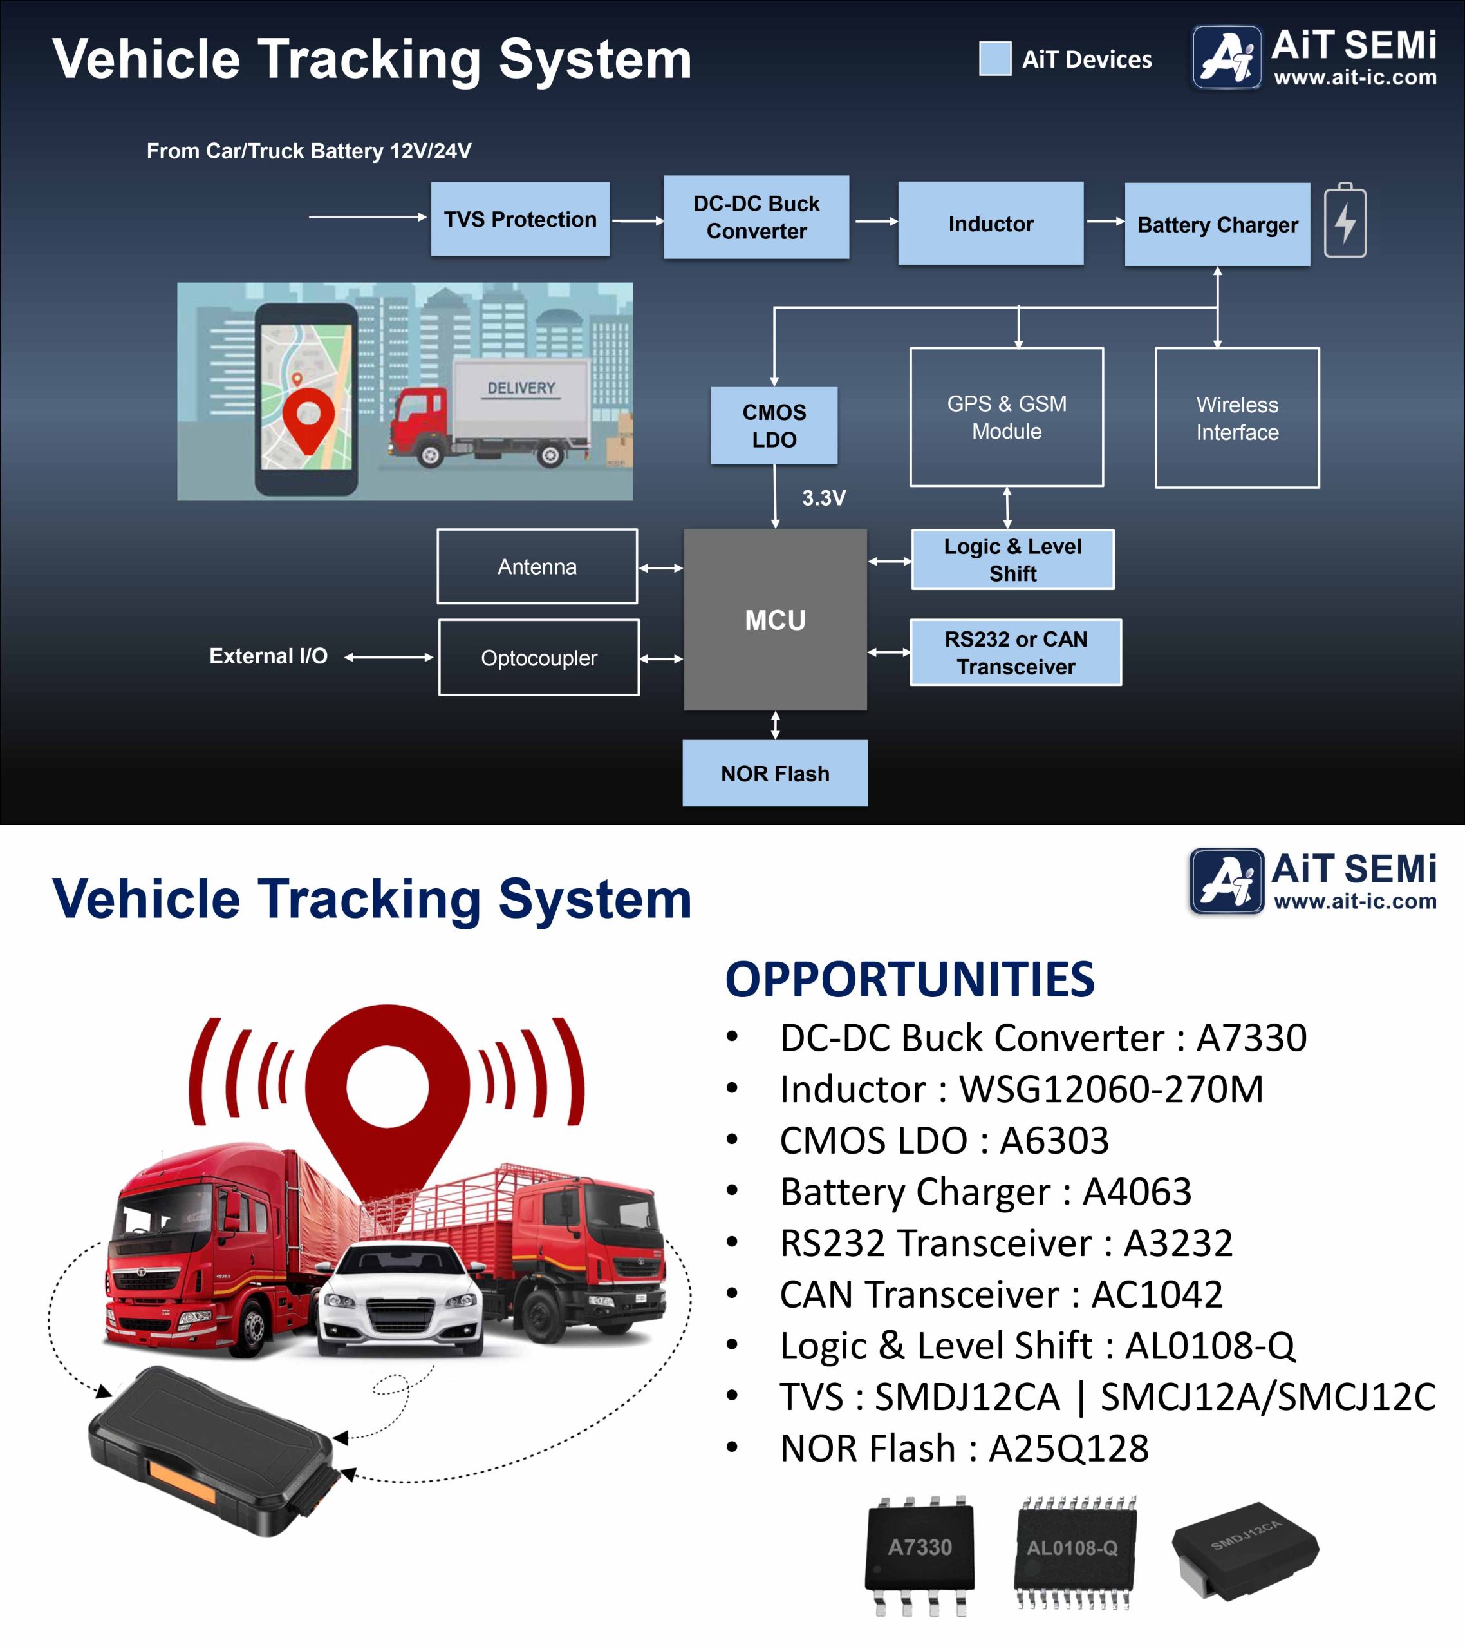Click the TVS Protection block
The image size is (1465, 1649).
click(520, 220)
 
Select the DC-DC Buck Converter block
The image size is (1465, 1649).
click(756, 217)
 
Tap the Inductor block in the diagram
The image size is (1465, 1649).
click(990, 224)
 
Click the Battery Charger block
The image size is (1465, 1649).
click(1217, 224)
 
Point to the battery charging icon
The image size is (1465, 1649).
click(1345, 221)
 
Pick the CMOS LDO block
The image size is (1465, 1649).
click(774, 426)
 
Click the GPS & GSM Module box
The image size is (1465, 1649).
click(1006, 417)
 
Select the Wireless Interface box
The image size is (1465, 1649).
click(1237, 418)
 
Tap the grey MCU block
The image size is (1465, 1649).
click(775, 620)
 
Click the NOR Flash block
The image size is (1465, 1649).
click(775, 774)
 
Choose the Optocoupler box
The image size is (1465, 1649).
click(539, 658)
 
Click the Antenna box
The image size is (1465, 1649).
click(537, 566)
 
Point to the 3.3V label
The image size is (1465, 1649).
click(823, 498)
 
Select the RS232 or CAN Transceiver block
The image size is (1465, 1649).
click(1016, 653)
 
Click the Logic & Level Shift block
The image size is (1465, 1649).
click(1012, 560)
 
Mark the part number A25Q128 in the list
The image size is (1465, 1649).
click(1068, 1448)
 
